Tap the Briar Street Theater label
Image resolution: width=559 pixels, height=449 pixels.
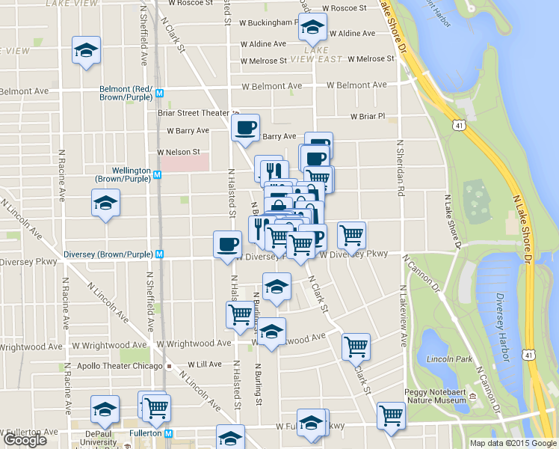193,113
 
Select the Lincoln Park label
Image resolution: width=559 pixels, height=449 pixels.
451,359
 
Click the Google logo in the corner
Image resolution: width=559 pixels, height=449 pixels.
24,440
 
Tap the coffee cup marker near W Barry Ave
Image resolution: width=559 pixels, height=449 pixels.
245,128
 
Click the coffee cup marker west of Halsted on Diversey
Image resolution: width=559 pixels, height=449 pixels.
227,244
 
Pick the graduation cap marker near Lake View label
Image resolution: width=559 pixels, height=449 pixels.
86,51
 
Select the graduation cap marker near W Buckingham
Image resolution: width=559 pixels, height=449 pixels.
312,28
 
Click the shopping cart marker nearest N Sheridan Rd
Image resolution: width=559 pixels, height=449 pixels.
351,235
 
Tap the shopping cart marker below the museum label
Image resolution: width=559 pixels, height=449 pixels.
392,415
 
